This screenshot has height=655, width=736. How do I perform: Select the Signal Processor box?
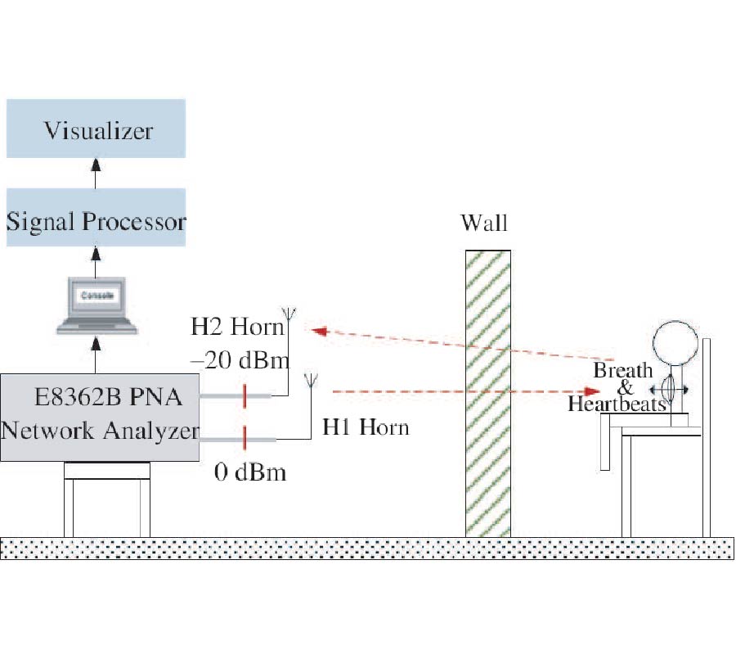(x=96, y=219)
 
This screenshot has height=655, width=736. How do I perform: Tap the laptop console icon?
(x=96, y=305)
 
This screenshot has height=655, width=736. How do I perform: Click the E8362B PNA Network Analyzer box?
(x=100, y=416)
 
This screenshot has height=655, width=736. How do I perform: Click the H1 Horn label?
(x=365, y=427)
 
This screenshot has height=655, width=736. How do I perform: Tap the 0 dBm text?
(x=250, y=472)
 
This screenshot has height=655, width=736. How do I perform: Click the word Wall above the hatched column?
(x=485, y=223)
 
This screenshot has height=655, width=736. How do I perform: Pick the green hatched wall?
(x=488, y=393)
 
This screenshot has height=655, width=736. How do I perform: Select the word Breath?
(x=622, y=370)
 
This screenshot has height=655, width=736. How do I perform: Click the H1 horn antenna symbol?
(x=311, y=380)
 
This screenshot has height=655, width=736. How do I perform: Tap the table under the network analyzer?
(x=107, y=499)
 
